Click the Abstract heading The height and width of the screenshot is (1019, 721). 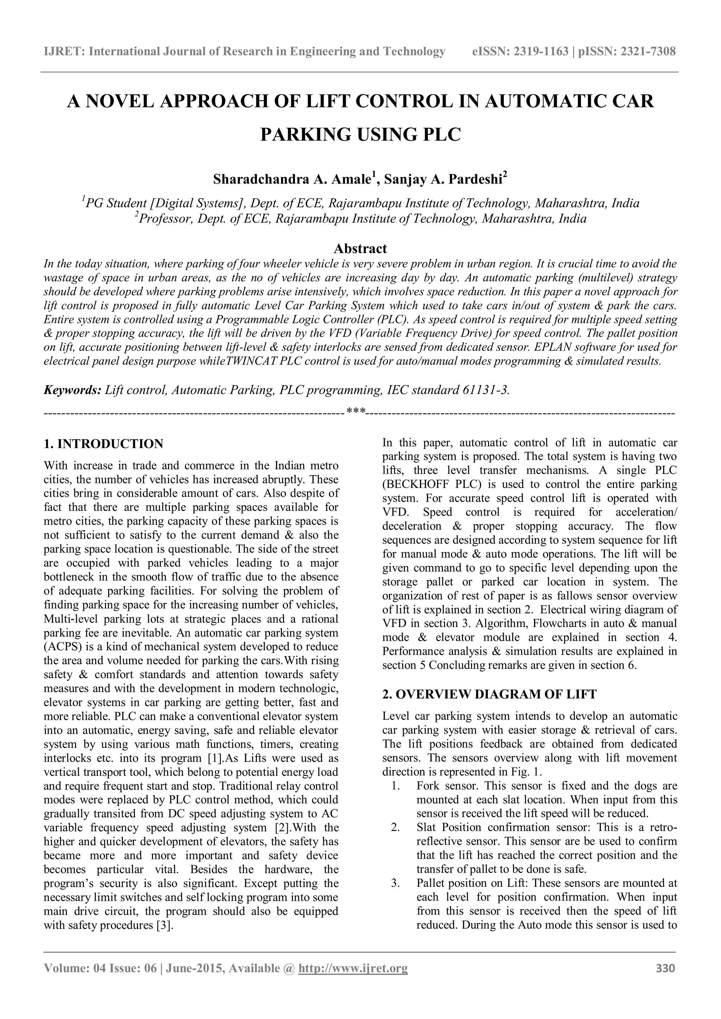pos(360,248)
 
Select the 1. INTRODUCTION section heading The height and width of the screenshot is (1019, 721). pos(104,444)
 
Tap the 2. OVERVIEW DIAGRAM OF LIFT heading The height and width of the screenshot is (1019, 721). pos(489,695)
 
